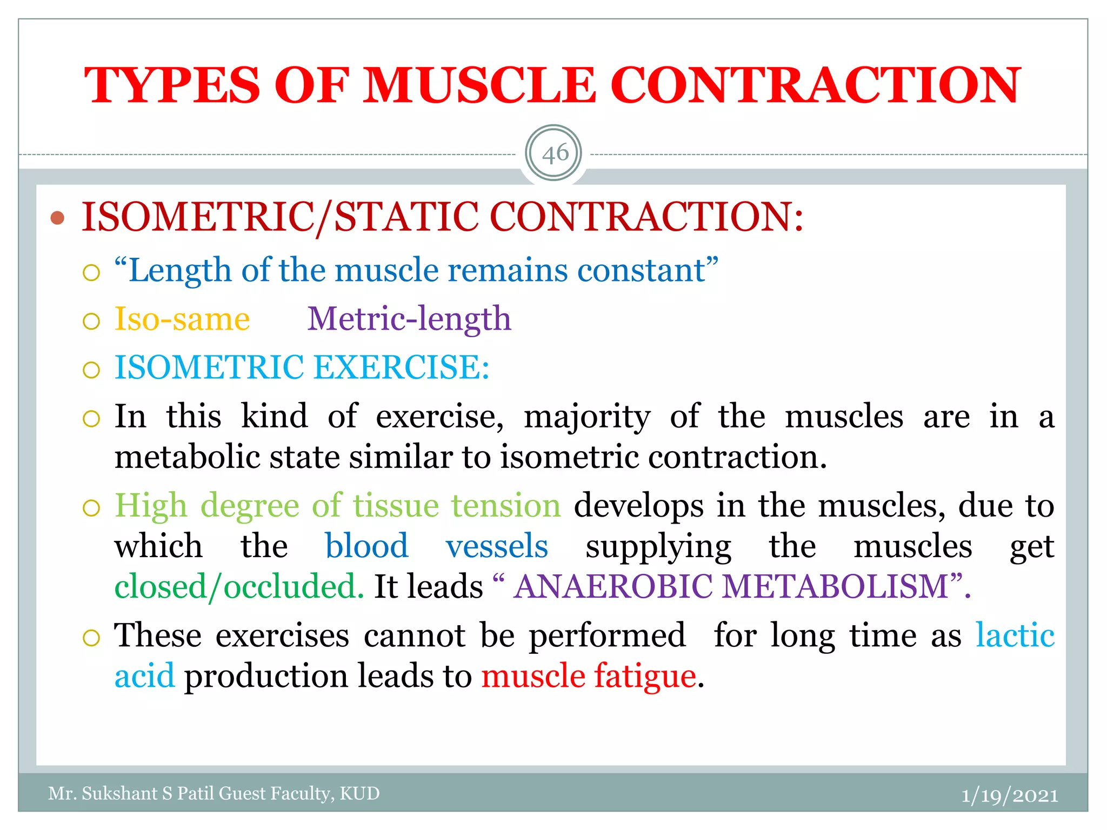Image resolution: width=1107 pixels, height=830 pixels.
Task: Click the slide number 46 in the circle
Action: point(554,154)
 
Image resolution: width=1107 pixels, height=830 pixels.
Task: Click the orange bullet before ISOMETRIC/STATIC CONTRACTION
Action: point(57,218)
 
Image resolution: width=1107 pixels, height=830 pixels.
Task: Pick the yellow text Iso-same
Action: point(182,319)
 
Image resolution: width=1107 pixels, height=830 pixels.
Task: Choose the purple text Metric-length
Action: point(409,319)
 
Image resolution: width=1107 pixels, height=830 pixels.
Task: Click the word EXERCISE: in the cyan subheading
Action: point(402,367)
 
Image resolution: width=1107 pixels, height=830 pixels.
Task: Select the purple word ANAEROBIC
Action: point(613,586)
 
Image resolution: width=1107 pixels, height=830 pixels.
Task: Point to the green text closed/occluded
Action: point(239,586)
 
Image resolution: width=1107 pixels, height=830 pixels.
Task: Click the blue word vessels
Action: point(496,546)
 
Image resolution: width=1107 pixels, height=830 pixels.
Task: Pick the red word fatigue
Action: point(645,676)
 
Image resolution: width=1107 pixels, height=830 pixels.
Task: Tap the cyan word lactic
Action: point(1015,635)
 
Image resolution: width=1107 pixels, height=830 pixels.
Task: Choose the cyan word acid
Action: point(144,676)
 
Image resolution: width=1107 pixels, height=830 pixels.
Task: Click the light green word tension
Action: point(506,506)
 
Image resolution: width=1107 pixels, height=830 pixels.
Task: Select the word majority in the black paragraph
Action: point(587,417)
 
